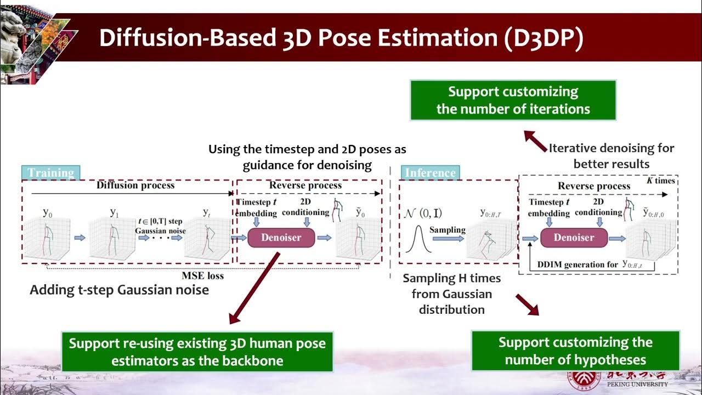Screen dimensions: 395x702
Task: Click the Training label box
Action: (51, 173)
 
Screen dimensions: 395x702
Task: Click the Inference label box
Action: (430, 173)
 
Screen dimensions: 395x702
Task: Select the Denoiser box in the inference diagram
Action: (574, 238)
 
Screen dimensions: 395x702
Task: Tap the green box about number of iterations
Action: (513, 100)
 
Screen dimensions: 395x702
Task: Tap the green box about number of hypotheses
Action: (575, 351)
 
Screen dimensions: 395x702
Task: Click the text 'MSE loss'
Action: (202, 275)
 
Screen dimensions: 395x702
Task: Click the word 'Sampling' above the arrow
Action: (447, 229)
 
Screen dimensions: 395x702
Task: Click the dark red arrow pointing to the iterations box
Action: (534, 140)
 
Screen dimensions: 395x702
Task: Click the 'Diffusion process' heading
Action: (135, 185)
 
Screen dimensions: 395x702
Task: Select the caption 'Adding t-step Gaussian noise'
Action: (119, 290)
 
